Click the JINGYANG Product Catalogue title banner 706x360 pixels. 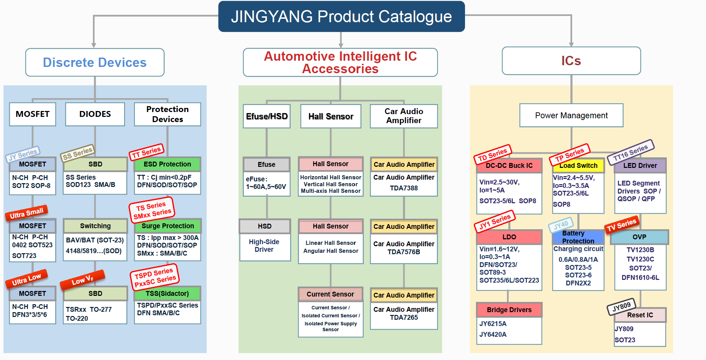(x=341, y=17)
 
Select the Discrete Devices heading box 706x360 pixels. (x=95, y=62)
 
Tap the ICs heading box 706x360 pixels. (x=571, y=61)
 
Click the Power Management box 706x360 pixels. (x=571, y=115)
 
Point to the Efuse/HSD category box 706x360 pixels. (x=267, y=116)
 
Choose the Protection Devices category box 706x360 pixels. (x=167, y=114)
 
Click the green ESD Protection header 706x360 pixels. (x=167, y=164)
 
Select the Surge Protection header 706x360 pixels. (x=167, y=226)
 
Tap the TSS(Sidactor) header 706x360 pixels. (x=167, y=293)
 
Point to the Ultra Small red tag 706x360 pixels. (x=26, y=213)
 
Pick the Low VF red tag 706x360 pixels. (x=82, y=280)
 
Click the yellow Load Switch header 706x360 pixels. (x=578, y=165)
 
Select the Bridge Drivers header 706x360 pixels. (x=509, y=310)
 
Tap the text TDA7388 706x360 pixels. (x=404, y=188)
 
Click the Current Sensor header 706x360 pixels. (x=330, y=294)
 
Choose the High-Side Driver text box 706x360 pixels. (x=264, y=246)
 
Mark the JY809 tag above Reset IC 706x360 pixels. (x=621, y=307)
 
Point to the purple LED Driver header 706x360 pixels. (x=640, y=165)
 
